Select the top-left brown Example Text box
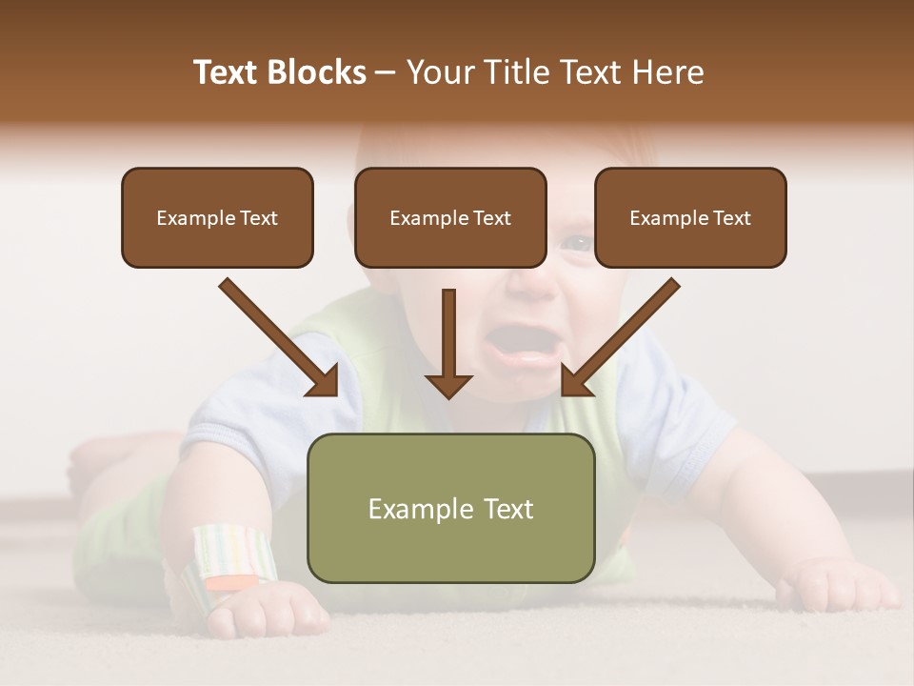click(x=217, y=217)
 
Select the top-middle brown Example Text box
click(x=450, y=217)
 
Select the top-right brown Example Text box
click(x=690, y=217)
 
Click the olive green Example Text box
click(x=450, y=508)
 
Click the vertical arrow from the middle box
click(x=448, y=343)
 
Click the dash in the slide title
click(x=386, y=72)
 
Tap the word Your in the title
click(x=439, y=72)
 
